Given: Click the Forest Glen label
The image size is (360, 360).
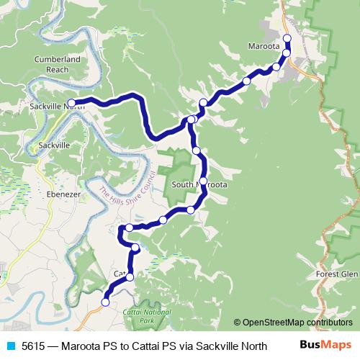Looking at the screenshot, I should [x=336, y=274].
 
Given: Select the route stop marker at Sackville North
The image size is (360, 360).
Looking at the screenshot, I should [x=71, y=103].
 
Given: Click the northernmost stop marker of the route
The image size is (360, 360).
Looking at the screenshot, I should [x=287, y=38].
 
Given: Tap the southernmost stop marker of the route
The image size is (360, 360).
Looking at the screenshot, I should [x=105, y=302].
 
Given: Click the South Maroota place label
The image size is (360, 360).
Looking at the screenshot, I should [x=200, y=185].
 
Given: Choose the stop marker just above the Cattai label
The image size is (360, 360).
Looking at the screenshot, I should [x=130, y=276].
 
